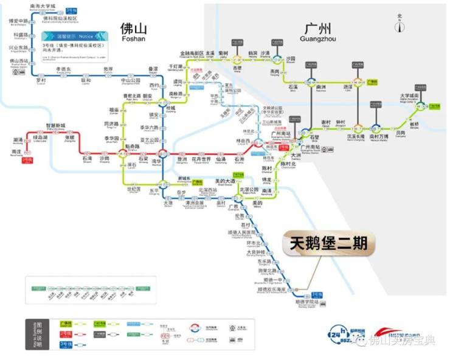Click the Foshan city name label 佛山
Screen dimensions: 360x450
click(x=133, y=30)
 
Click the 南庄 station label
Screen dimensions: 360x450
click(x=17, y=151)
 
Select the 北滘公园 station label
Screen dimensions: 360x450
click(x=249, y=190)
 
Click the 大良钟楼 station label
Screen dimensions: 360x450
click(x=255, y=251)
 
